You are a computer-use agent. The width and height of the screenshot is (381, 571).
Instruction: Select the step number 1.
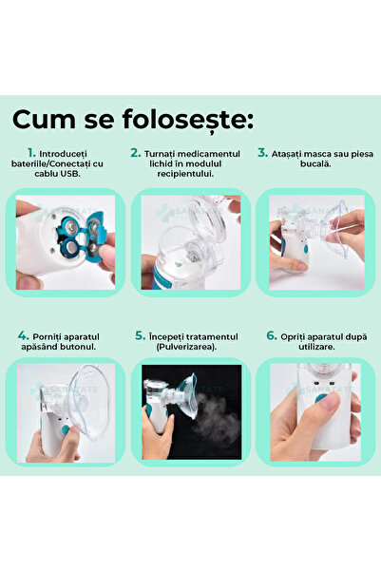coord(31,152)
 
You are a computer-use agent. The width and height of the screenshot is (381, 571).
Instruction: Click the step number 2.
coord(136,152)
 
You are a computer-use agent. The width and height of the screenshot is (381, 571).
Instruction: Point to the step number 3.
coord(261,152)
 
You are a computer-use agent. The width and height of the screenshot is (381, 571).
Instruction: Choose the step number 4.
coord(23,336)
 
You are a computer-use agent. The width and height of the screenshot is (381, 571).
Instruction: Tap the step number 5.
coord(140,336)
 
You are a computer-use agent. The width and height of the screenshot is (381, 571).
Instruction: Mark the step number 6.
coord(271,336)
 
